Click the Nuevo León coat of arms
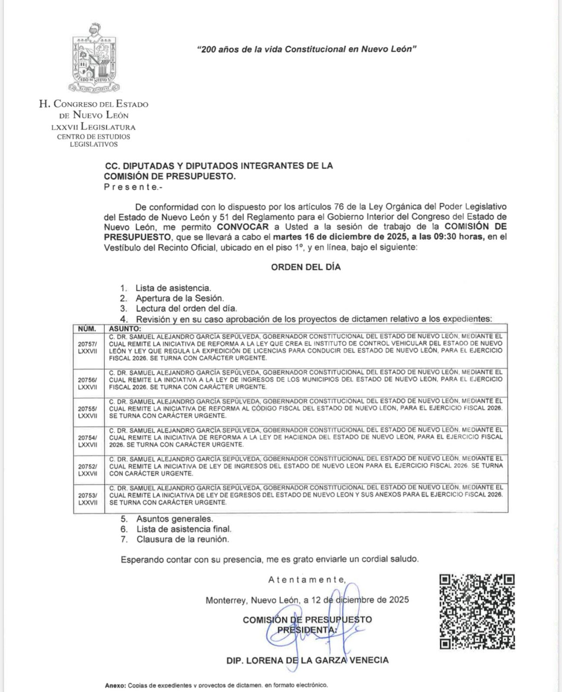(94, 58)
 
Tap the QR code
(477, 611)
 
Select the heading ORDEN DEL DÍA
(306, 267)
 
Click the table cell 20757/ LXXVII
(88, 348)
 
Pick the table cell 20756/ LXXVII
(88, 383)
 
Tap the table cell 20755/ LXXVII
(88, 412)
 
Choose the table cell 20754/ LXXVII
(88, 441)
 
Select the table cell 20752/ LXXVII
(88, 470)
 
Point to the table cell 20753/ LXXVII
(88, 499)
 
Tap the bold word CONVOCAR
(243, 227)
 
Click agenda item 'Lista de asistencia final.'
(184, 529)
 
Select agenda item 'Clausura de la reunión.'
(182, 539)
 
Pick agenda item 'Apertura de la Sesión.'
(180, 298)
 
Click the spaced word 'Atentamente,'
(307, 580)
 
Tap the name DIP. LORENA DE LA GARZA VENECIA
(307, 660)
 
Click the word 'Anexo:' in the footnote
(115, 685)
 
